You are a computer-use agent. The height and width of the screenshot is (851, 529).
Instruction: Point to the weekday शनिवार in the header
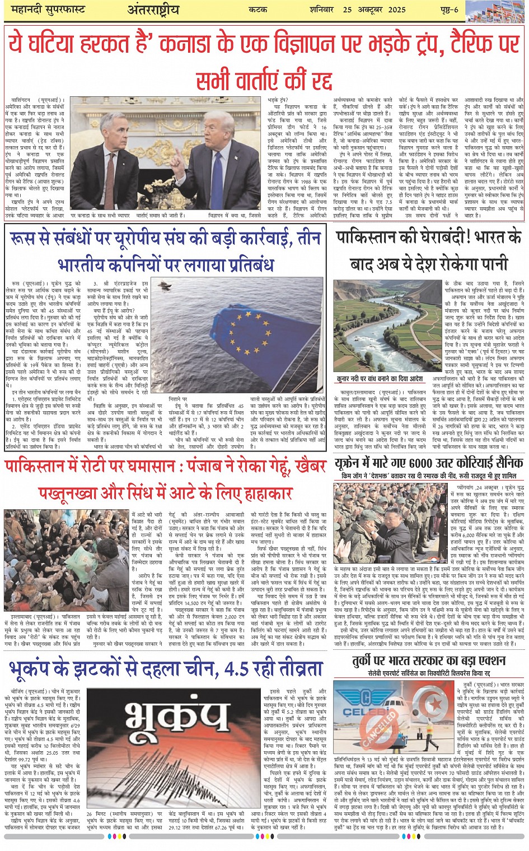click(x=322, y=10)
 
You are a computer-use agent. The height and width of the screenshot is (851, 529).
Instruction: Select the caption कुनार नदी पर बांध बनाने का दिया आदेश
click(x=380, y=379)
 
